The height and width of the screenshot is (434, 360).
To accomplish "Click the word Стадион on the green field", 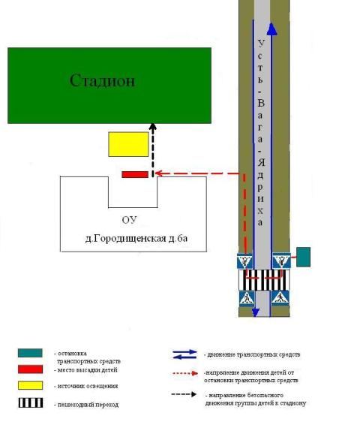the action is pos(102,81).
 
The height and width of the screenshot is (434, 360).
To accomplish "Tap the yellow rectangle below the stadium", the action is pos(128,144).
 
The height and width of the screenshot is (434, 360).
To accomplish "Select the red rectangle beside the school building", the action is pos(135,174).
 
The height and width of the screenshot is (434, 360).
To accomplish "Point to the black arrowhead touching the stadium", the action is pos(153,127).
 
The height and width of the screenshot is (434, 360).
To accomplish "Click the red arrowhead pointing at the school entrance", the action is pos(159,173).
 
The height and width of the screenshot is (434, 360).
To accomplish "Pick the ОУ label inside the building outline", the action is pos(130,220).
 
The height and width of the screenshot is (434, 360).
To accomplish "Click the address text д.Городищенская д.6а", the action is pos(136,238).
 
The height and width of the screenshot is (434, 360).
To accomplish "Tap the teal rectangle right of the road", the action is pos(303,257).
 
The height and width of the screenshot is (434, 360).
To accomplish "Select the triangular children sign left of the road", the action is pos(244,261).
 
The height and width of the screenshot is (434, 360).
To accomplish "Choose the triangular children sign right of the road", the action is pos(281,261).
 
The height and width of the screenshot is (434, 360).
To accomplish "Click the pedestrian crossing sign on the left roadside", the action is pos(247,298).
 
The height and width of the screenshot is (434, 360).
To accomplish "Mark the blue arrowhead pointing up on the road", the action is pos(272,29).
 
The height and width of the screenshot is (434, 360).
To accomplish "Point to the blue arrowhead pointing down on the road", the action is pos(256,313).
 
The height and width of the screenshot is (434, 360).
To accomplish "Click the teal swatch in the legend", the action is pos(30,353).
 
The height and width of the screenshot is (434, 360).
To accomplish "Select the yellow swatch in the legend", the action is pos(31,385).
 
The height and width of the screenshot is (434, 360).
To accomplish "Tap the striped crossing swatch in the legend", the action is pos(31,402).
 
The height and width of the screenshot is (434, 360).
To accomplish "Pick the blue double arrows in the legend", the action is pos(184,354).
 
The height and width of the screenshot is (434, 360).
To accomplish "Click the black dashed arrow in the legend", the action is pos(184,394).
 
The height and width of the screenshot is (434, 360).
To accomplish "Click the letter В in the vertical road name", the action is pos(261,103).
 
